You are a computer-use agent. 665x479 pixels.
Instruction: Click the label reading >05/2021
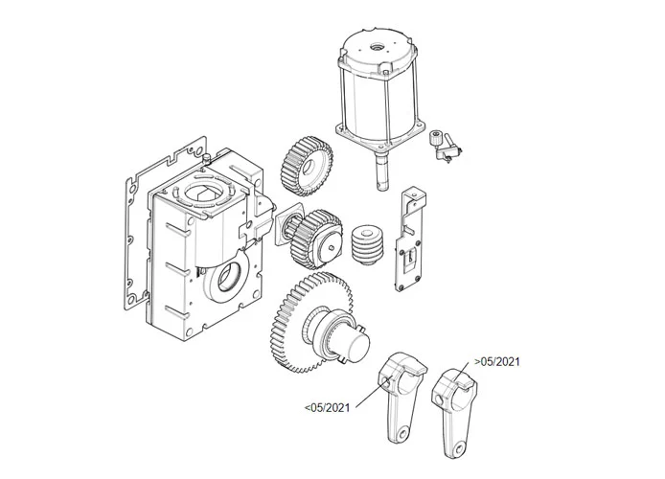tap(496, 361)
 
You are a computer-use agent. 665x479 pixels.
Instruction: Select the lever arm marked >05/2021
tap(453, 406)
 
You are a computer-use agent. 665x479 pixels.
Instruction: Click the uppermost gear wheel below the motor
tap(307, 165)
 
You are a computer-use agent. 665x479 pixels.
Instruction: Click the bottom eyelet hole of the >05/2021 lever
tap(460, 446)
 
